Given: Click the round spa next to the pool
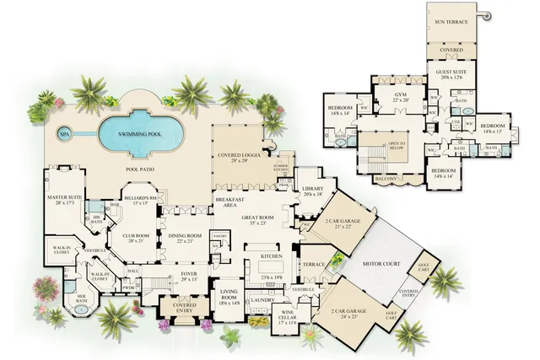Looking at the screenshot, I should pyautogui.click(x=64, y=132).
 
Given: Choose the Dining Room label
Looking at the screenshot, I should pyautogui.click(x=190, y=237).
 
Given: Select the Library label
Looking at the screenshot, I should pyautogui.click(x=312, y=191).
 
